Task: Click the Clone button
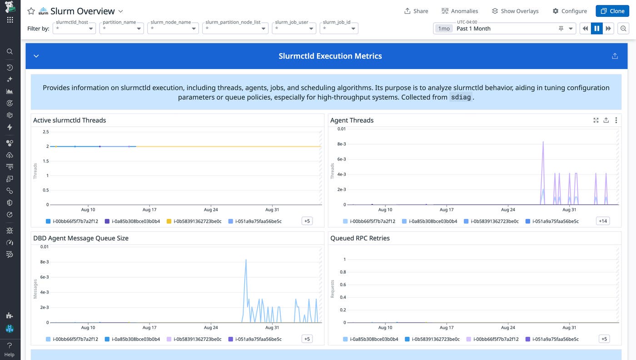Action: (612, 11)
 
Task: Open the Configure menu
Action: (569, 11)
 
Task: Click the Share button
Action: (416, 11)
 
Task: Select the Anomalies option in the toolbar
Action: (459, 11)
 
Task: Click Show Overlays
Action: (515, 11)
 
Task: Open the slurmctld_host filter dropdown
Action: (75, 29)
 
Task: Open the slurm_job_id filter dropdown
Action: (339, 29)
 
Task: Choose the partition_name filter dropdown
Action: (122, 29)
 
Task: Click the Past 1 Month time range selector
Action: (504, 29)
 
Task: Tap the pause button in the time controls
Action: (596, 29)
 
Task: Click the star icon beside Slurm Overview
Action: (31, 11)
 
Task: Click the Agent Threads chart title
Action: (352, 120)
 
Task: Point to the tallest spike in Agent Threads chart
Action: (543, 142)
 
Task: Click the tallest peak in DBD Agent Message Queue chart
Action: (246, 260)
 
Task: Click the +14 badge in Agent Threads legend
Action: (603, 221)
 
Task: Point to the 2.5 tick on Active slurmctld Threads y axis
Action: (45, 132)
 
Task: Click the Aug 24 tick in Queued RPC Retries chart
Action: (508, 328)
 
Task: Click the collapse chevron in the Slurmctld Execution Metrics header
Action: (36, 56)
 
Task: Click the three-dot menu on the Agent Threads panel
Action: (616, 120)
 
